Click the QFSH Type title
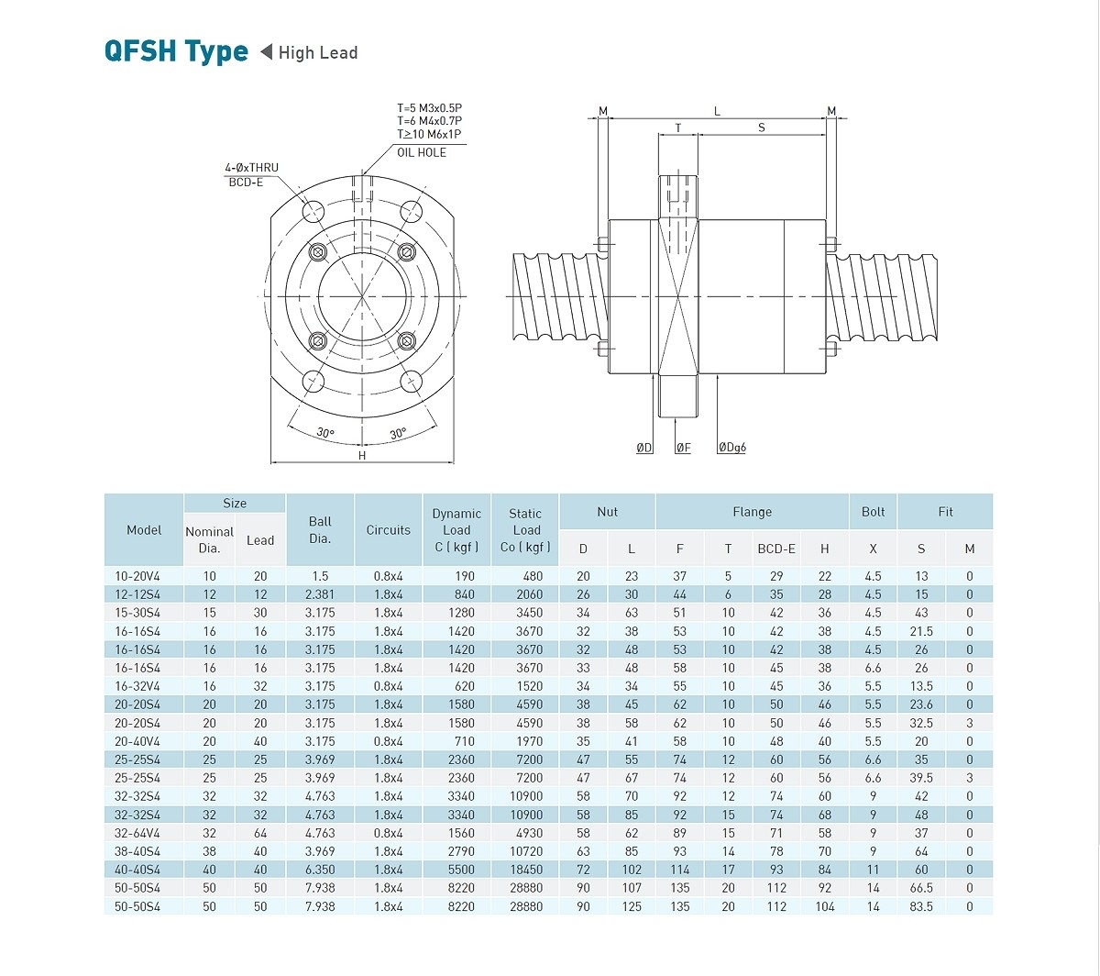(176, 51)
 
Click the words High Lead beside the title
(317, 53)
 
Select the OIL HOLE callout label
(422, 152)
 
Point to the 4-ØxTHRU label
(251, 168)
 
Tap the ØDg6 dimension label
(731, 448)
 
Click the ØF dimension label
(683, 448)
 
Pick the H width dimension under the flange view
(362, 455)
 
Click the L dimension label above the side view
(717, 112)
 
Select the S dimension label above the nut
(761, 128)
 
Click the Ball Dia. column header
(320, 529)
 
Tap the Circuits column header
(388, 529)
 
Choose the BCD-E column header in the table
(776, 549)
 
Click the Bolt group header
(873, 512)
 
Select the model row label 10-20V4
(137, 576)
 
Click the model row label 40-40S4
(137, 870)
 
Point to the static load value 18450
(526, 870)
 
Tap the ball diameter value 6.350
(320, 870)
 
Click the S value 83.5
(921, 906)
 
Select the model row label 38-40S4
(137, 851)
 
